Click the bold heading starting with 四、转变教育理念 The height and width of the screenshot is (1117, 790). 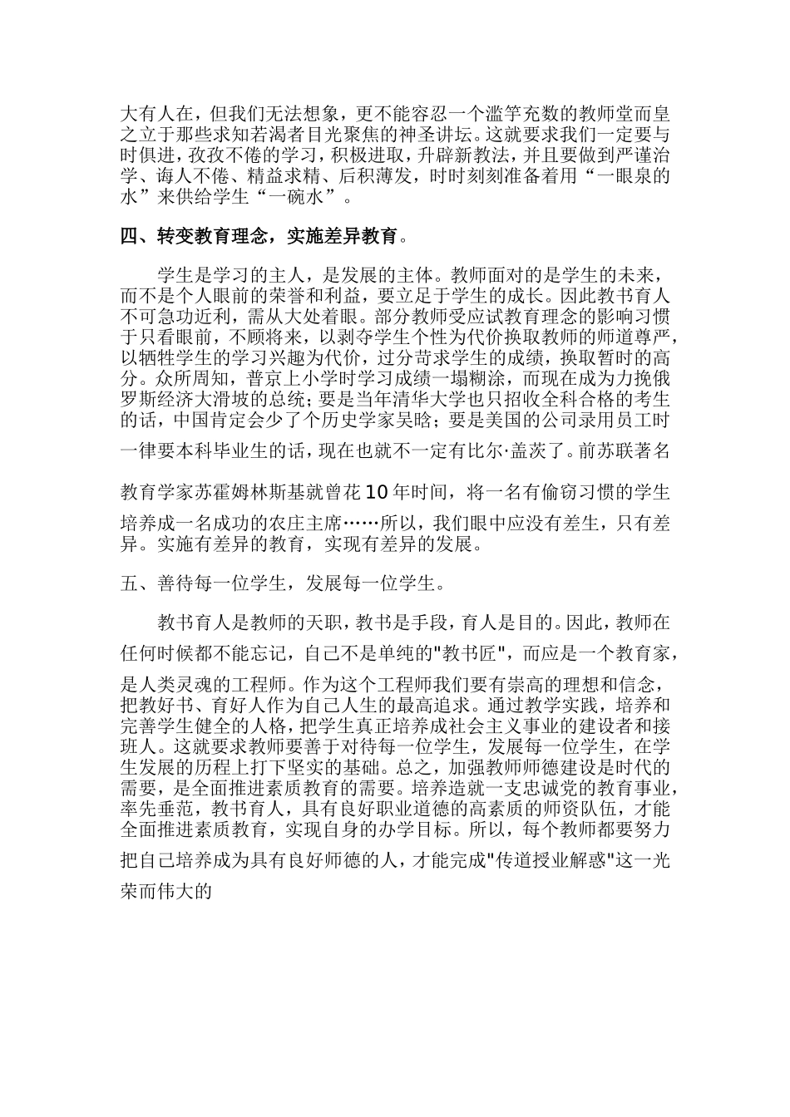pos(259,237)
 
